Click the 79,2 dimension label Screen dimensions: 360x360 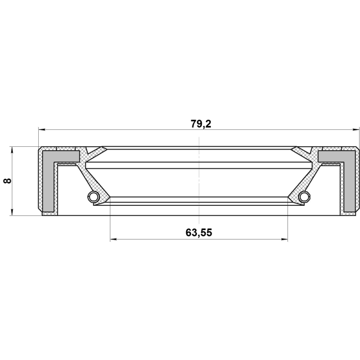(x=201, y=124)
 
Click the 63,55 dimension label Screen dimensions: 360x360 (x=199, y=232)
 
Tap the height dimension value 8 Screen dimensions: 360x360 (x=7, y=181)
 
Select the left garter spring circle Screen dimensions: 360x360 (x=93, y=196)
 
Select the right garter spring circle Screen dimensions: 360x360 (x=305, y=196)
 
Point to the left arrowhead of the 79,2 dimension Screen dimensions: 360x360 (x=42, y=130)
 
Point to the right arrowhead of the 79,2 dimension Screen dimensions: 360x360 (x=356, y=130)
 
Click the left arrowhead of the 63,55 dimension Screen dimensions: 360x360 (x=114, y=240)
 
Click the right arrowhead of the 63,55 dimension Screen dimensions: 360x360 (x=284, y=240)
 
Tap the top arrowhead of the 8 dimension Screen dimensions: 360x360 (x=12, y=150)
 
